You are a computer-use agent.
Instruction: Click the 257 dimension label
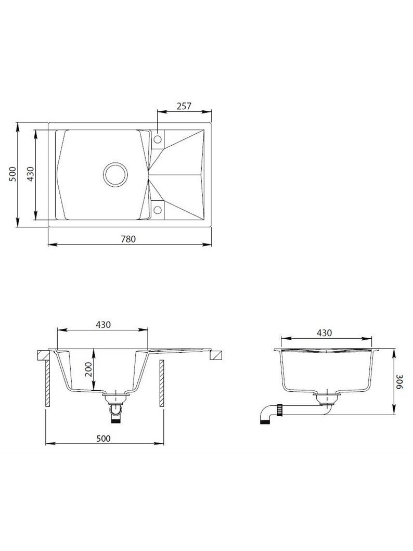point(184,106)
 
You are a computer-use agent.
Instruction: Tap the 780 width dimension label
point(128,239)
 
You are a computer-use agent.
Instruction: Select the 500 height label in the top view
point(12,174)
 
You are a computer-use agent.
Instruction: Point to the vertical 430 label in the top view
point(31,174)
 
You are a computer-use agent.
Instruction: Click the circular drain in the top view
point(114,174)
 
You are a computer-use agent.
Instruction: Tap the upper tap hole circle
point(158,139)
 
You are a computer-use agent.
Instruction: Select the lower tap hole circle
point(158,210)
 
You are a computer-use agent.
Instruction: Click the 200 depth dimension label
point(89,369)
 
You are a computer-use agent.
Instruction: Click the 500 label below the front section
point(103,438)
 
